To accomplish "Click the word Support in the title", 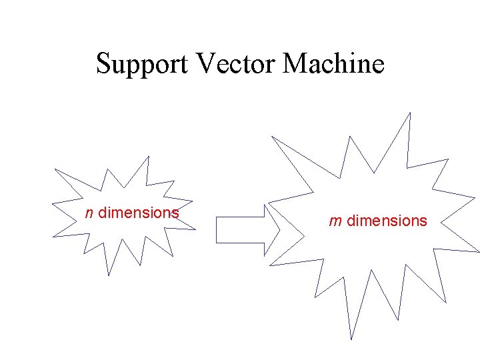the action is pos(143,65).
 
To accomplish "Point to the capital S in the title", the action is pos(103,63).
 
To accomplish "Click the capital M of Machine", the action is pos(296,63).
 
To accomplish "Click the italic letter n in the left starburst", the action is pos(89,213).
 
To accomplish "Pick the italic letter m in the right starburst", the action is pos(336,221).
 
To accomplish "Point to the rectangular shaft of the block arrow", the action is pos(240,230).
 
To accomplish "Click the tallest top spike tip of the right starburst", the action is pos(410,113).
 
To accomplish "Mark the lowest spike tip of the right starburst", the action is pos(351,339).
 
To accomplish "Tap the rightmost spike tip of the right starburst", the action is pos(479,251).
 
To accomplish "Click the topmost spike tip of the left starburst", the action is pos(148,157).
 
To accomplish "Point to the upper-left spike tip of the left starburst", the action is pos(55,169).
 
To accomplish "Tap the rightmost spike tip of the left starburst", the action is pos(195,229).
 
